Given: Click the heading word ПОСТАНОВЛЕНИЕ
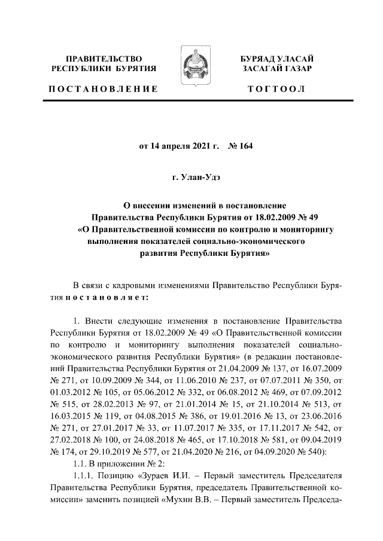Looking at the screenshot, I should [x=103, y=89].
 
